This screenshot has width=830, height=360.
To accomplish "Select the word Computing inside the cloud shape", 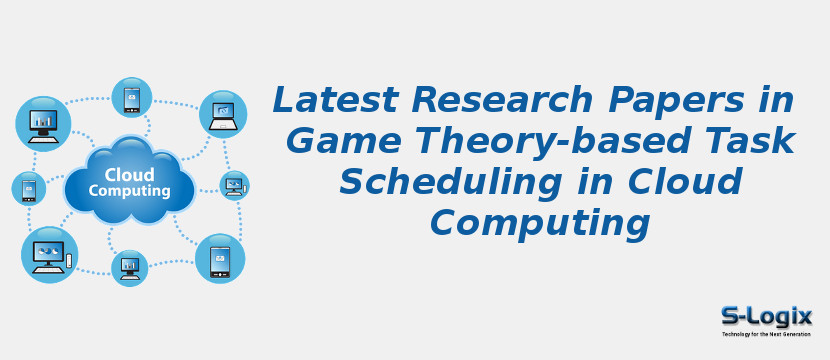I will pyautogui.click(x=129, y=190).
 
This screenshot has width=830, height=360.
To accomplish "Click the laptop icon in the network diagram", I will pyautogui.click(x=222, y=113).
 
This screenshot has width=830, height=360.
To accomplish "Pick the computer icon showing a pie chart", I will pyautogui.click(x=46, y=253).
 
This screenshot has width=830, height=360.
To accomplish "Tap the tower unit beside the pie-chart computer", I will pyautogui.click(x=69, y=261).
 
